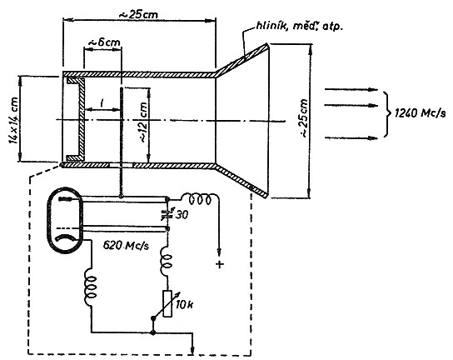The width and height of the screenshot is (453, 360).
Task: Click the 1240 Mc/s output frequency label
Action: click(420, 112)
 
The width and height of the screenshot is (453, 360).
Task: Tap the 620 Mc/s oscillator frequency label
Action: click(126, 246)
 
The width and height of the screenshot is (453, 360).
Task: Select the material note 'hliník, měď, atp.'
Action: click(299, 27)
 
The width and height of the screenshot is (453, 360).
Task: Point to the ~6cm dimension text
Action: click(104, 42)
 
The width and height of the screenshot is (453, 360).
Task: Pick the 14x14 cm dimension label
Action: click(13, 121)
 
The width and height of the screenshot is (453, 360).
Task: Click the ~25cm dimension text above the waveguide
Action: click(139, 14)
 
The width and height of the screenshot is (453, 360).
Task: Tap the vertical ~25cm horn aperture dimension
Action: click(304, 118)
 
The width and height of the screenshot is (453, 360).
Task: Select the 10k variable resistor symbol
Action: click(167, 303)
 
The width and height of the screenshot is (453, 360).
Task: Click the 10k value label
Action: click(185, 304)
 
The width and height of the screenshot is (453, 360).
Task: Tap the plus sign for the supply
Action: click(220, 264)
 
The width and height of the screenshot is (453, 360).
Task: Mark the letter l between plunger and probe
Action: click(102, 103)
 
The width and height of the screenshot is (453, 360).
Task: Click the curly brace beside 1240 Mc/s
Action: click(387, 114)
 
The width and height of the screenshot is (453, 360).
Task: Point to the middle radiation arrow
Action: click(351, 105)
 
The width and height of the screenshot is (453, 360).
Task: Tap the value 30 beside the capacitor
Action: click(182, 215)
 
